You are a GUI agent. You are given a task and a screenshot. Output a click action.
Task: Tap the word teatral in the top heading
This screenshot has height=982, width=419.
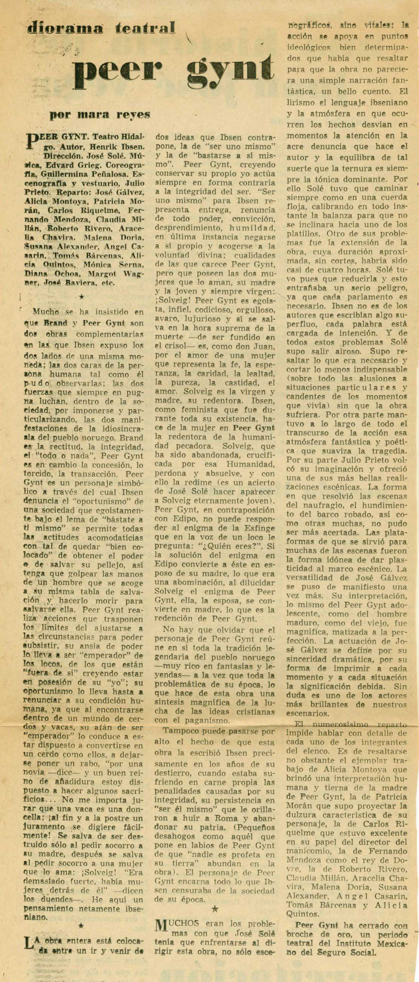click(146, 27)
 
